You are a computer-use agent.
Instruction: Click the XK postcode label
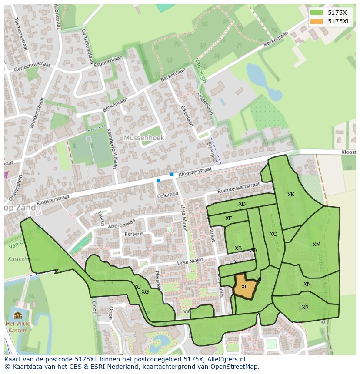click(x=291, y=195)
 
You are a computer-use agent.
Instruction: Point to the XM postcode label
click(x=316, y=245)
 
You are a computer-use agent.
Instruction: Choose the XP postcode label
click(x=305, y=308)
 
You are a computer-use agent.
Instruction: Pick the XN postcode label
click(x=307, y=284)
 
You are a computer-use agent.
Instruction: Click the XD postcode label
click(x=242, y=204)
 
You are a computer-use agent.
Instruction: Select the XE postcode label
click(x=229, y=218)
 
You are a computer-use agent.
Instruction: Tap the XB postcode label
click(x=238, y=248)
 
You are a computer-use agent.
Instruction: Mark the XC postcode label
click(x=273, y=234)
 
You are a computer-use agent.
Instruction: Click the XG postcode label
click(x=145, y=292)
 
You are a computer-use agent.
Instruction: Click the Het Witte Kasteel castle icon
click(x=18, y=315)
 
